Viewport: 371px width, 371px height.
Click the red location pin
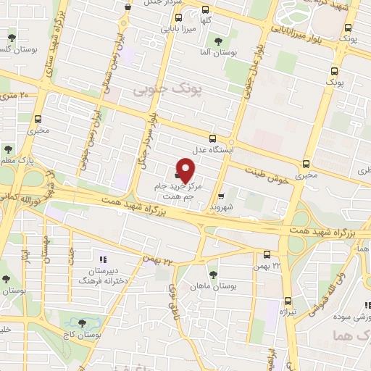(186, 170)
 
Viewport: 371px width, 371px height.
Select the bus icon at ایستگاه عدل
(212, 138)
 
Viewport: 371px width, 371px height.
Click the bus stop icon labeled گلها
(207, 11)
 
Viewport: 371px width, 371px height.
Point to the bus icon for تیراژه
(288, 301)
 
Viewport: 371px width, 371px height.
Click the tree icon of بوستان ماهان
(213, 275)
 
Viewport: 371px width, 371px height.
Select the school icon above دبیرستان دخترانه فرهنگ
(102, 258)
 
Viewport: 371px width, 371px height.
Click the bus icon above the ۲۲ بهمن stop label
(267, 254)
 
